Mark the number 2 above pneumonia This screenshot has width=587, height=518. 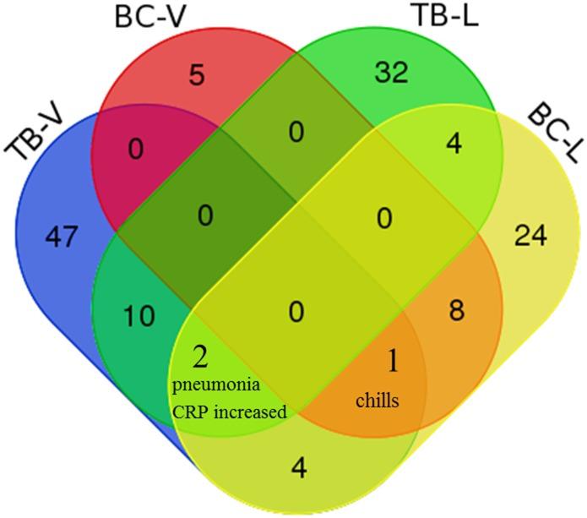tap(200, 357)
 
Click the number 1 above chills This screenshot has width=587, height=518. tap(391, 361)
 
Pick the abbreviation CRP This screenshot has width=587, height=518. tap(190, 412)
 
